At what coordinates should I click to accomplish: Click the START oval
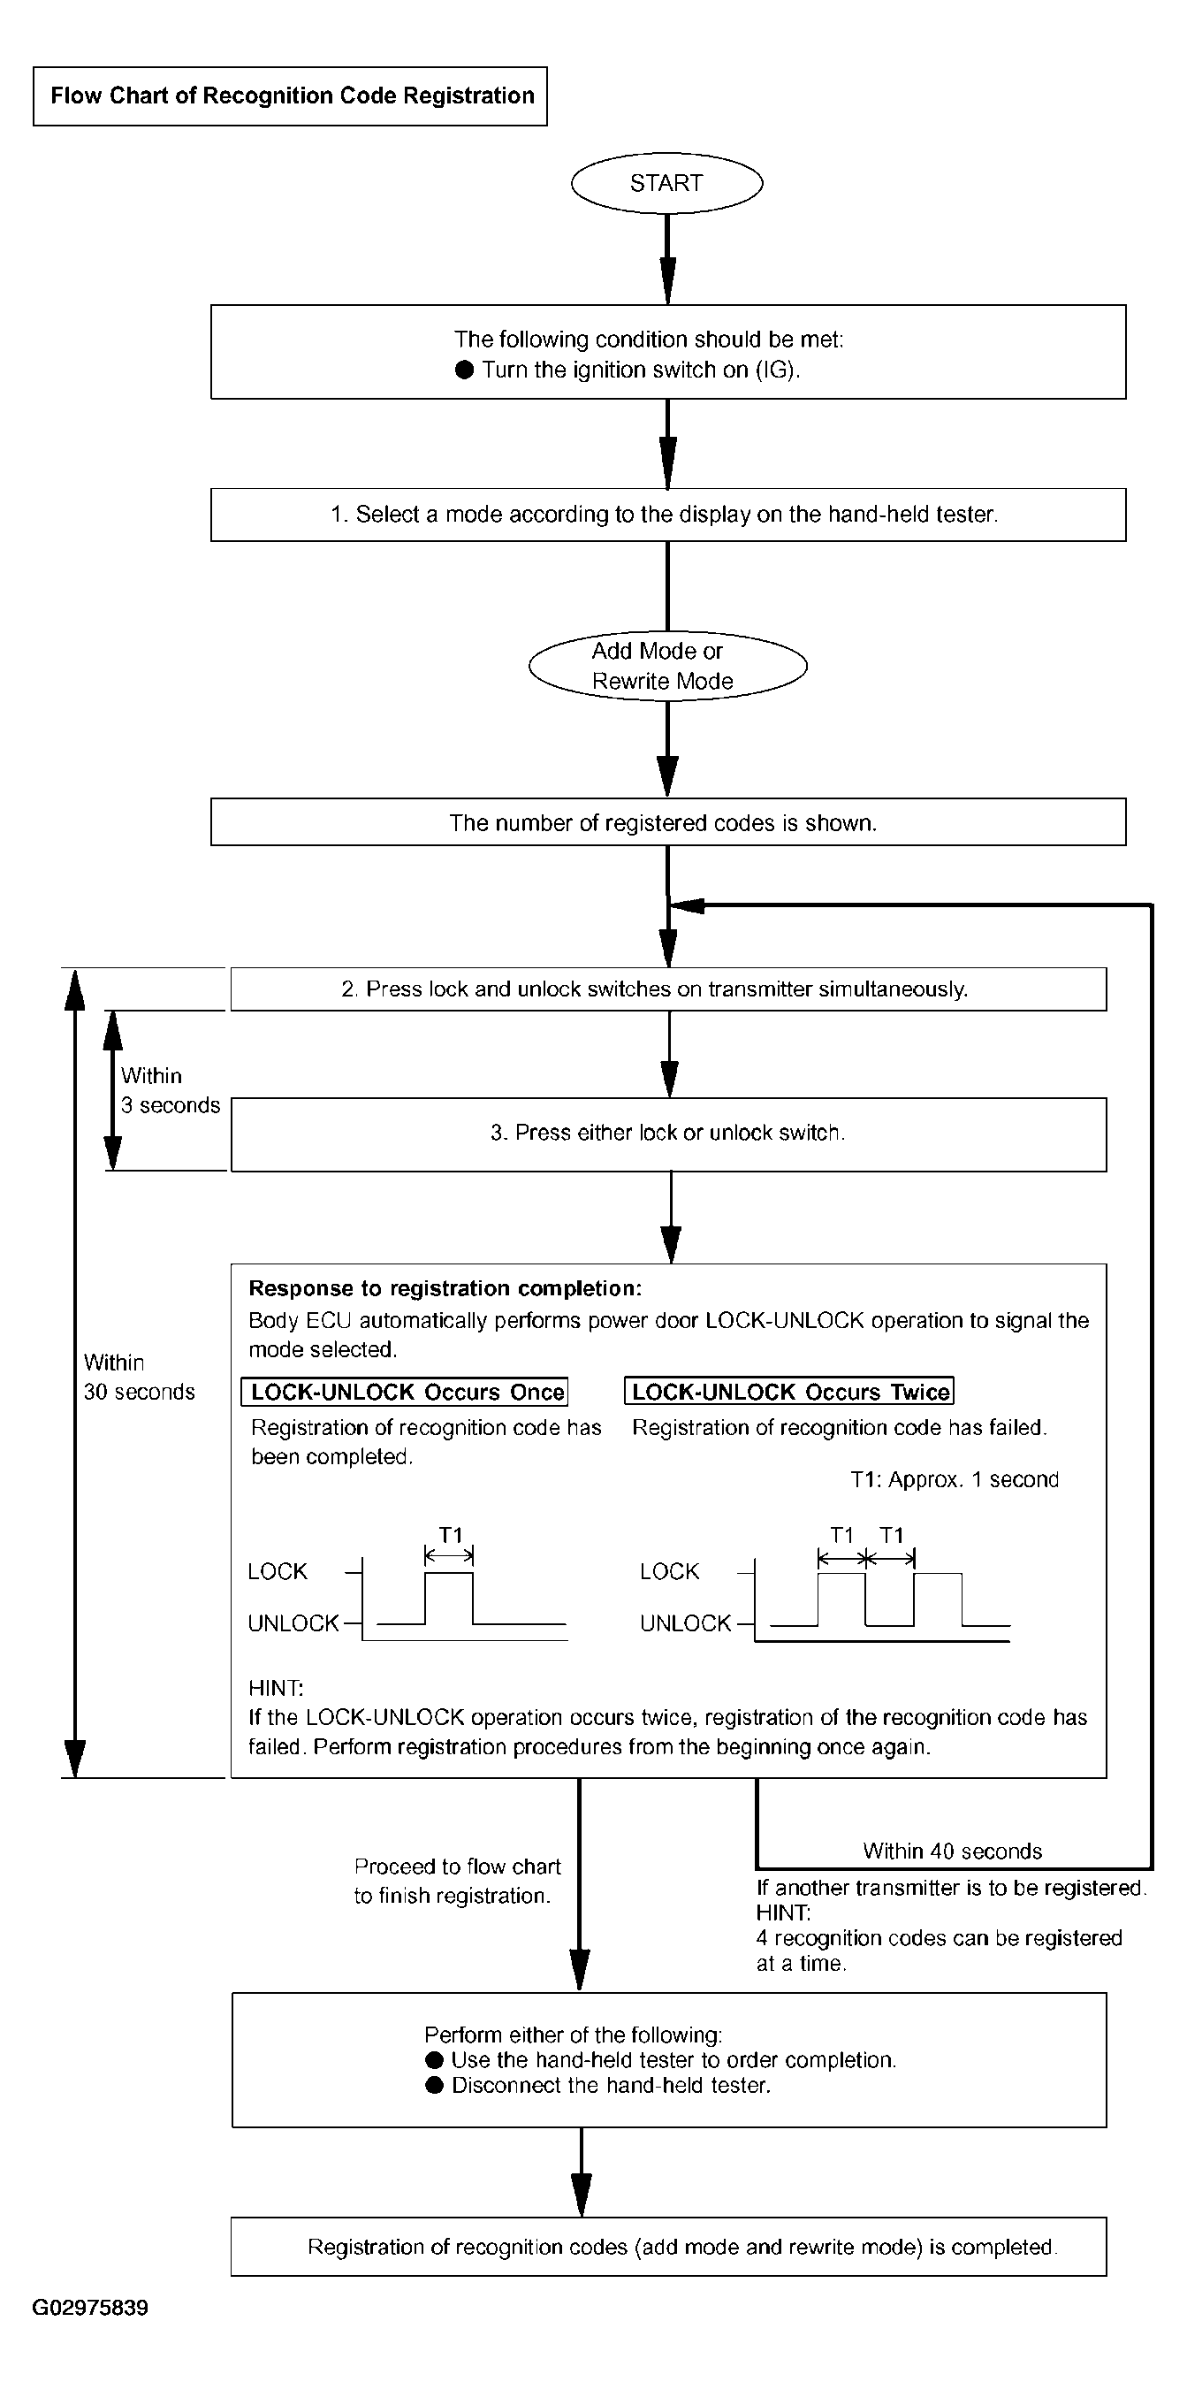[666, 183]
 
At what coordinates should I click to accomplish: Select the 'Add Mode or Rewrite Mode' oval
[667, 666]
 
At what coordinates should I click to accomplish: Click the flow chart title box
[290, 96]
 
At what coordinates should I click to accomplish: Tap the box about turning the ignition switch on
[668, 352]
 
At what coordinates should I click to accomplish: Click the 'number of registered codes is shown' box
[668, 822]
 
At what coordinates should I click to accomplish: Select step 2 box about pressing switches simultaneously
[668, 989]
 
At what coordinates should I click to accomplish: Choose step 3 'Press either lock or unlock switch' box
[668, 1134]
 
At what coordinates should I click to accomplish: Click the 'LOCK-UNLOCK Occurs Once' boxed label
[405, 1392]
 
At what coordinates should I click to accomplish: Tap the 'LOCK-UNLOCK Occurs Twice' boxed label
[789, 1392]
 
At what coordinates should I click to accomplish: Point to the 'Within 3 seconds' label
[170, 1090]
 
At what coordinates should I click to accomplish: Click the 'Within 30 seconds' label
[140, 1377]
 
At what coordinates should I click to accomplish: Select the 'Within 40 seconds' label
[952, 1851]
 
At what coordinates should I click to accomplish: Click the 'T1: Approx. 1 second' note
[954, 1479]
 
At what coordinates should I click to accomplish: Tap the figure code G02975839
[91, 2308]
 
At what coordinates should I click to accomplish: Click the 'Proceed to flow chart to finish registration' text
[457, 1881]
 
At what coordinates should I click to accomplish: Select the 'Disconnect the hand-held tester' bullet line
[598, 2085]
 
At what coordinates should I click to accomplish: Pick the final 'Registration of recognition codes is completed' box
[668, 2247]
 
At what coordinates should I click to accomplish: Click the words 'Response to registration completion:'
[445, 1289]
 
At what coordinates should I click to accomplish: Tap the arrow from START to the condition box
[667, 260]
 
